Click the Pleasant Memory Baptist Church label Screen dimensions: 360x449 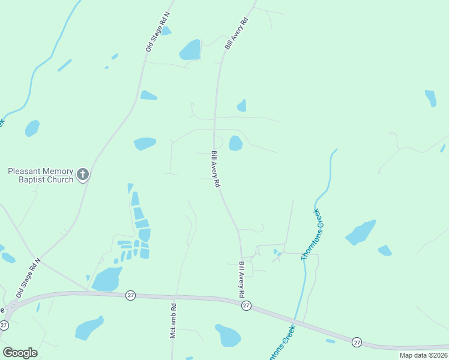coord(40,175)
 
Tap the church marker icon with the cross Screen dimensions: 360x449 coord(83,175)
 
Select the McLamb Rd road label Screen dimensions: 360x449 coord(173,320)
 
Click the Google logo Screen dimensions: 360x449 coord(20,353)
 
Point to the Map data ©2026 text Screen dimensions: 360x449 coord(423,355)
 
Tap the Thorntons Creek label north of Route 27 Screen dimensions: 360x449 coord(312,234)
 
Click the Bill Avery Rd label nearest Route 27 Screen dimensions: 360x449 coord(241,280)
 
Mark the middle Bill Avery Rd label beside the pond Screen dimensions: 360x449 coord(215,169)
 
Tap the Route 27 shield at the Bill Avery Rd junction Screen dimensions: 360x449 coord(246,306)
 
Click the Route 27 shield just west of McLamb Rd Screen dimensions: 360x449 coord(130,295)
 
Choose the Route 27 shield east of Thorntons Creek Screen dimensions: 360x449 coord(357,341)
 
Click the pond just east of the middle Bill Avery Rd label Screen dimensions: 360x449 coord(235,143)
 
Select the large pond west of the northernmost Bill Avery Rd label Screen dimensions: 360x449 coord(190,50)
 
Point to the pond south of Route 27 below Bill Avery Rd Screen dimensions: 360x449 coord(228,335)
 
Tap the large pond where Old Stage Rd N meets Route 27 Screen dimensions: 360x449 coord(107,279)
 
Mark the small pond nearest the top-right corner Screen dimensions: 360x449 coord(430,98)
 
